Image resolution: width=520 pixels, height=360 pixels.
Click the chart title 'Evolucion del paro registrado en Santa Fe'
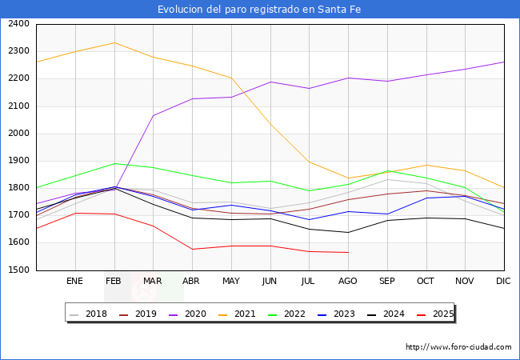click(x=260, y=9)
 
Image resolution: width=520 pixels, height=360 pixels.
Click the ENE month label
click(x=75, y=282)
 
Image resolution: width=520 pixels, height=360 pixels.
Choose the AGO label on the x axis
click(x=348, y=282)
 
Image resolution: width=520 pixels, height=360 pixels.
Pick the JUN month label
click(x=270, y=282)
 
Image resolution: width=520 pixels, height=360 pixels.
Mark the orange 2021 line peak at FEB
click(x=114, y=42)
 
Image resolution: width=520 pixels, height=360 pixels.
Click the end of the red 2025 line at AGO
click(x=348, y=253)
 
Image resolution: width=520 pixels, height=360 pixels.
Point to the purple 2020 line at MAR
click(x=153, y=116)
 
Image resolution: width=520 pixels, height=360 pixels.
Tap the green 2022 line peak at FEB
click(x=114, y=163)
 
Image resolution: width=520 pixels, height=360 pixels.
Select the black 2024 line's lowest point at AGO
click(x=348, y=233)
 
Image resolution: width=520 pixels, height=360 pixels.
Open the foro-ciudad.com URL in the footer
click(x=458, y=347)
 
